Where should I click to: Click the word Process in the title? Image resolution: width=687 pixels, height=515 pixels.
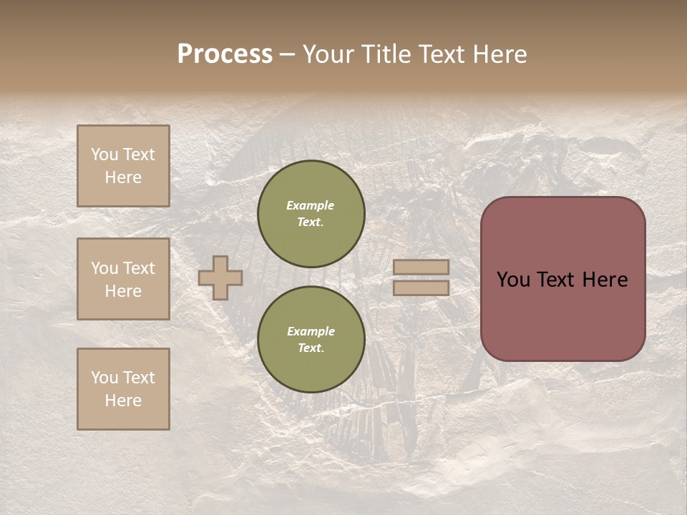[225, 54]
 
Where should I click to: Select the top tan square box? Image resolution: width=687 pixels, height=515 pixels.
[123, 166]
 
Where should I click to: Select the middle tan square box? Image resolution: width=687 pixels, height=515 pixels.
[123, 279]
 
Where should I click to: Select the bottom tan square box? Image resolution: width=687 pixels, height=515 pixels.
[123, 389]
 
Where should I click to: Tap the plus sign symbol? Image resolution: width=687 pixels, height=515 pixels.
[220, 278]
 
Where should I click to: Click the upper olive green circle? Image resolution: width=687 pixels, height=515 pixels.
[311, 213]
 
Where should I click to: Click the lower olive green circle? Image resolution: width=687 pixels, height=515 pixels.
[311, 339]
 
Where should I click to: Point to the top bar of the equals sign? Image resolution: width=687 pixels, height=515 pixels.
[422, 267]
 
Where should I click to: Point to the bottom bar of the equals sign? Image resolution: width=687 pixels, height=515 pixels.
[422, 288]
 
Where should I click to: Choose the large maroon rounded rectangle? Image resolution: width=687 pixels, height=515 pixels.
[562, 279]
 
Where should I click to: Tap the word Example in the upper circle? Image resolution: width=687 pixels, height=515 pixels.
[311, 205]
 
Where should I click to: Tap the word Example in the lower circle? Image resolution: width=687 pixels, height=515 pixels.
[311, 331]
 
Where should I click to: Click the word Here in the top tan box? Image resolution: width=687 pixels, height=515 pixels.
[123, 177]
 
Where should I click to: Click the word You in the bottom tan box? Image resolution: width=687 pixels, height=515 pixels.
[104, 378]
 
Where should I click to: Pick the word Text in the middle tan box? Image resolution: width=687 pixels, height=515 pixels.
[138, 268]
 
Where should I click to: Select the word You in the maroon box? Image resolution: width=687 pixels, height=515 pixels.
[513, 280]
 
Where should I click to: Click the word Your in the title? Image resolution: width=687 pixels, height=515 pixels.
[327, 54]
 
